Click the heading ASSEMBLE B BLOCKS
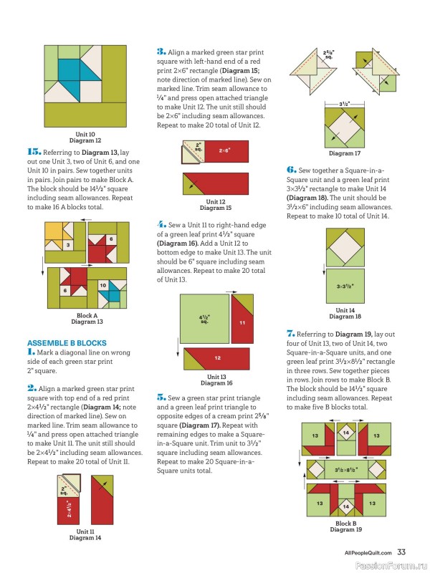click(67, 343)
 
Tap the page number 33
click(401, 552)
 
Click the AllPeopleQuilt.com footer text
click(368, 553)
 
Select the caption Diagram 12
click(85, 140)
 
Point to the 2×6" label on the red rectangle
click(224, 150)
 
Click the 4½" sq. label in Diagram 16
click(204, 319)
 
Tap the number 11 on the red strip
click(242, 323)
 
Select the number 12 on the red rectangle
click(218, 357)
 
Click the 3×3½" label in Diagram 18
click(345, 286)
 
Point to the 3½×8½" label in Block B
click(346, 470)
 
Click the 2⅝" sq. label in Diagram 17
click(329, 55)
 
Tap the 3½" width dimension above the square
click(345, 104)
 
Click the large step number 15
click(34, 152)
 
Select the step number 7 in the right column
click(290, 334)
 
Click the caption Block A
click(87, 315)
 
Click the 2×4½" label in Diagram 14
click(68, 509)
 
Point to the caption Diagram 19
click(346, 529)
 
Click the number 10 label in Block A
click(103, 285)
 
